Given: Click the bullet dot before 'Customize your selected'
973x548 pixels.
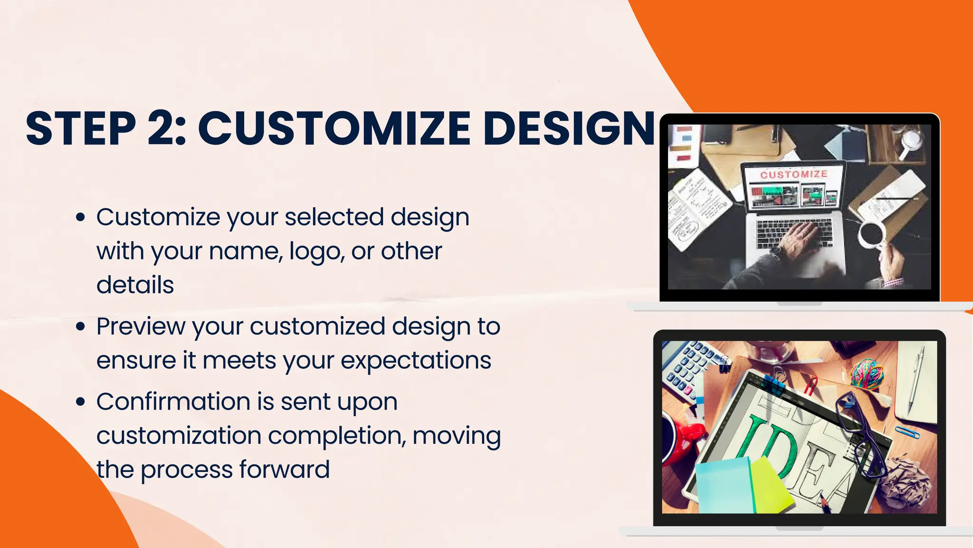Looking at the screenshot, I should (81, 218).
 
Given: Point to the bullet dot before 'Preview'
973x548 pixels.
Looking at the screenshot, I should (81, 327).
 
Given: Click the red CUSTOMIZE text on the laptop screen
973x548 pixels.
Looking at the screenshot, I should (793, 175).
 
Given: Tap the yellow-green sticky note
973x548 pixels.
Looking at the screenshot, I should (772, 485).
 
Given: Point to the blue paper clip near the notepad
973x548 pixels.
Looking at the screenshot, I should (907, 432).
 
